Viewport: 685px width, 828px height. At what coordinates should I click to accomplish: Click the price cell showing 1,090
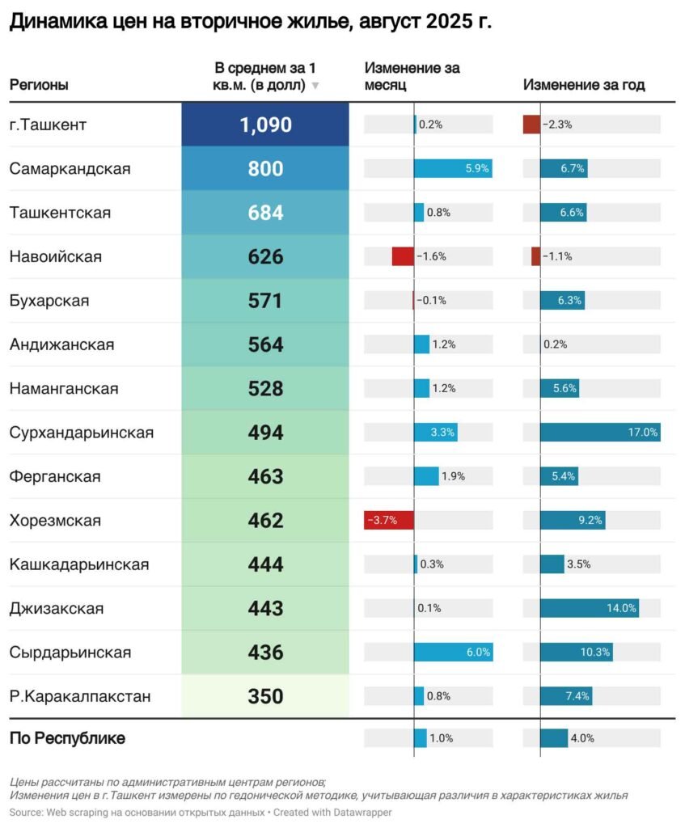tap(265, 125)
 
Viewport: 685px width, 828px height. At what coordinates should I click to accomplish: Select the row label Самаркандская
tap(70, 168)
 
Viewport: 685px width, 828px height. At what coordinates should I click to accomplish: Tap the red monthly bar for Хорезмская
tap(389, 520)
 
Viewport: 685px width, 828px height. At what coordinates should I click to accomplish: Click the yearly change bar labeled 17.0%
tap(600, 432)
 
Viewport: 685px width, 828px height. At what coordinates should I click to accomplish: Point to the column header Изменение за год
tap(584, 85)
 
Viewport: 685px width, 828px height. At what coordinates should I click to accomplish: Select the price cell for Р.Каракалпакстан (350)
tap(265, 696)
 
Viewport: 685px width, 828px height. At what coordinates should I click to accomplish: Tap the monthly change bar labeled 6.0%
tap(453, 652)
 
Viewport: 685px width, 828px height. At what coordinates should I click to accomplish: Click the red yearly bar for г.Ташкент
tap(531, 125)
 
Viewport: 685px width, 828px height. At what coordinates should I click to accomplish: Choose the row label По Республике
tap(67, 738)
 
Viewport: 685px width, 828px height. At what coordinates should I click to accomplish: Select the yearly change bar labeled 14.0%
tap(590, 608)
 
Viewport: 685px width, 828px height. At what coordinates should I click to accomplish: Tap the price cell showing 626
tap(265, 256)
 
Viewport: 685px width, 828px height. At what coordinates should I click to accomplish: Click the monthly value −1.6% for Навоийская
tap(432, 256)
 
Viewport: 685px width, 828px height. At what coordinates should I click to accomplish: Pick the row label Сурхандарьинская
tap(82, 432)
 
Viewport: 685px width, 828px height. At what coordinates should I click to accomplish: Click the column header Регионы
tap(39, 85)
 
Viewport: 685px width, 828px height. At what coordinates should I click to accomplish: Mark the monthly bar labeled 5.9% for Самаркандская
tap(452, 168)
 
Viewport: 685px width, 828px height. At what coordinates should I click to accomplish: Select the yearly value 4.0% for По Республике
tap(582, 738)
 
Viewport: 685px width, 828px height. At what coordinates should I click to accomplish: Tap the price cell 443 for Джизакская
tap(265, 608)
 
